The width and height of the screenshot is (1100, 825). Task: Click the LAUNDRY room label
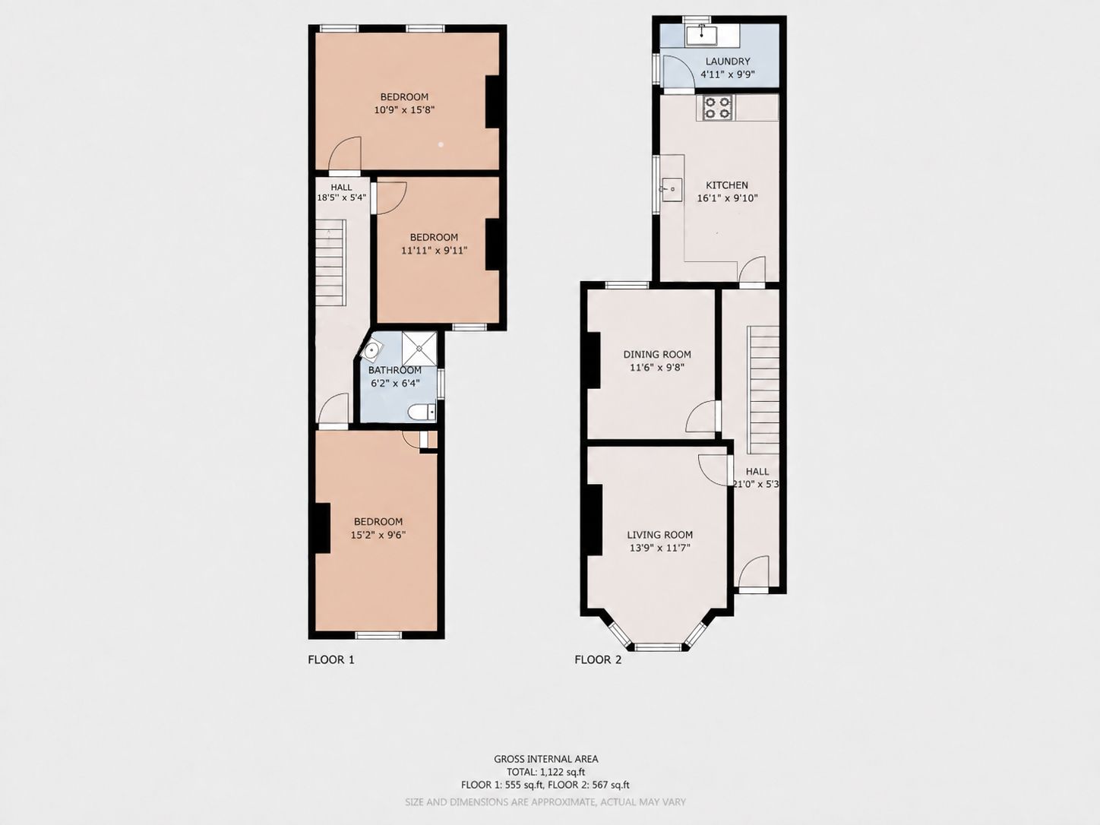(x=728, y=61)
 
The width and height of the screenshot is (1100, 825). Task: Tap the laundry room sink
(x=702, y=34)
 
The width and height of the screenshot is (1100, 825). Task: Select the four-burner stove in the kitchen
(x=717, y=108)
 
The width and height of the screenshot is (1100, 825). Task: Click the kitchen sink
(x=671, y=189)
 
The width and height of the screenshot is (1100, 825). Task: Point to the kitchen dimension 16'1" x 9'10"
(x=727, y=198)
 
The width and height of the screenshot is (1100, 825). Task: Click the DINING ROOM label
(x=657, y=354)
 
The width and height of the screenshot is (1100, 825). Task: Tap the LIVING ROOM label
(x=659, y=535)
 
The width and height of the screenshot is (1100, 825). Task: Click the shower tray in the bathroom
(x=419, y=348)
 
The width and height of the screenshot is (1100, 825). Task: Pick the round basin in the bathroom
(x=371, y=350)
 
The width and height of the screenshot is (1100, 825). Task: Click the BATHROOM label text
(x=394, y=370)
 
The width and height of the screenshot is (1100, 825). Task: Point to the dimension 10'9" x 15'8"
(x=404, y=109)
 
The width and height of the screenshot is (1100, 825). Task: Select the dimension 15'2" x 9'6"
(x=378, y=535)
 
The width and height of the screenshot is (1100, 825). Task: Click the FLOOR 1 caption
(x=330, y=659)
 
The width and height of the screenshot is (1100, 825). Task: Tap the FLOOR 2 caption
(x=598, y=659)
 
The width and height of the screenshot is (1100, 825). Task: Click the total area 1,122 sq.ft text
(x=545, y=772)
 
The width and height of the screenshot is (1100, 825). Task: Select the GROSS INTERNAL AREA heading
(x=545, y=759)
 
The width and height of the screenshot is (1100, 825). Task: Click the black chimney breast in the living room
(x=594, y=520)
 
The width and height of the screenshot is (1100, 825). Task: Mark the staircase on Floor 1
(x=330, y=263)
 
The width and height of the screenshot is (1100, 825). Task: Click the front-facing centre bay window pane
(x=659, y=647)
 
